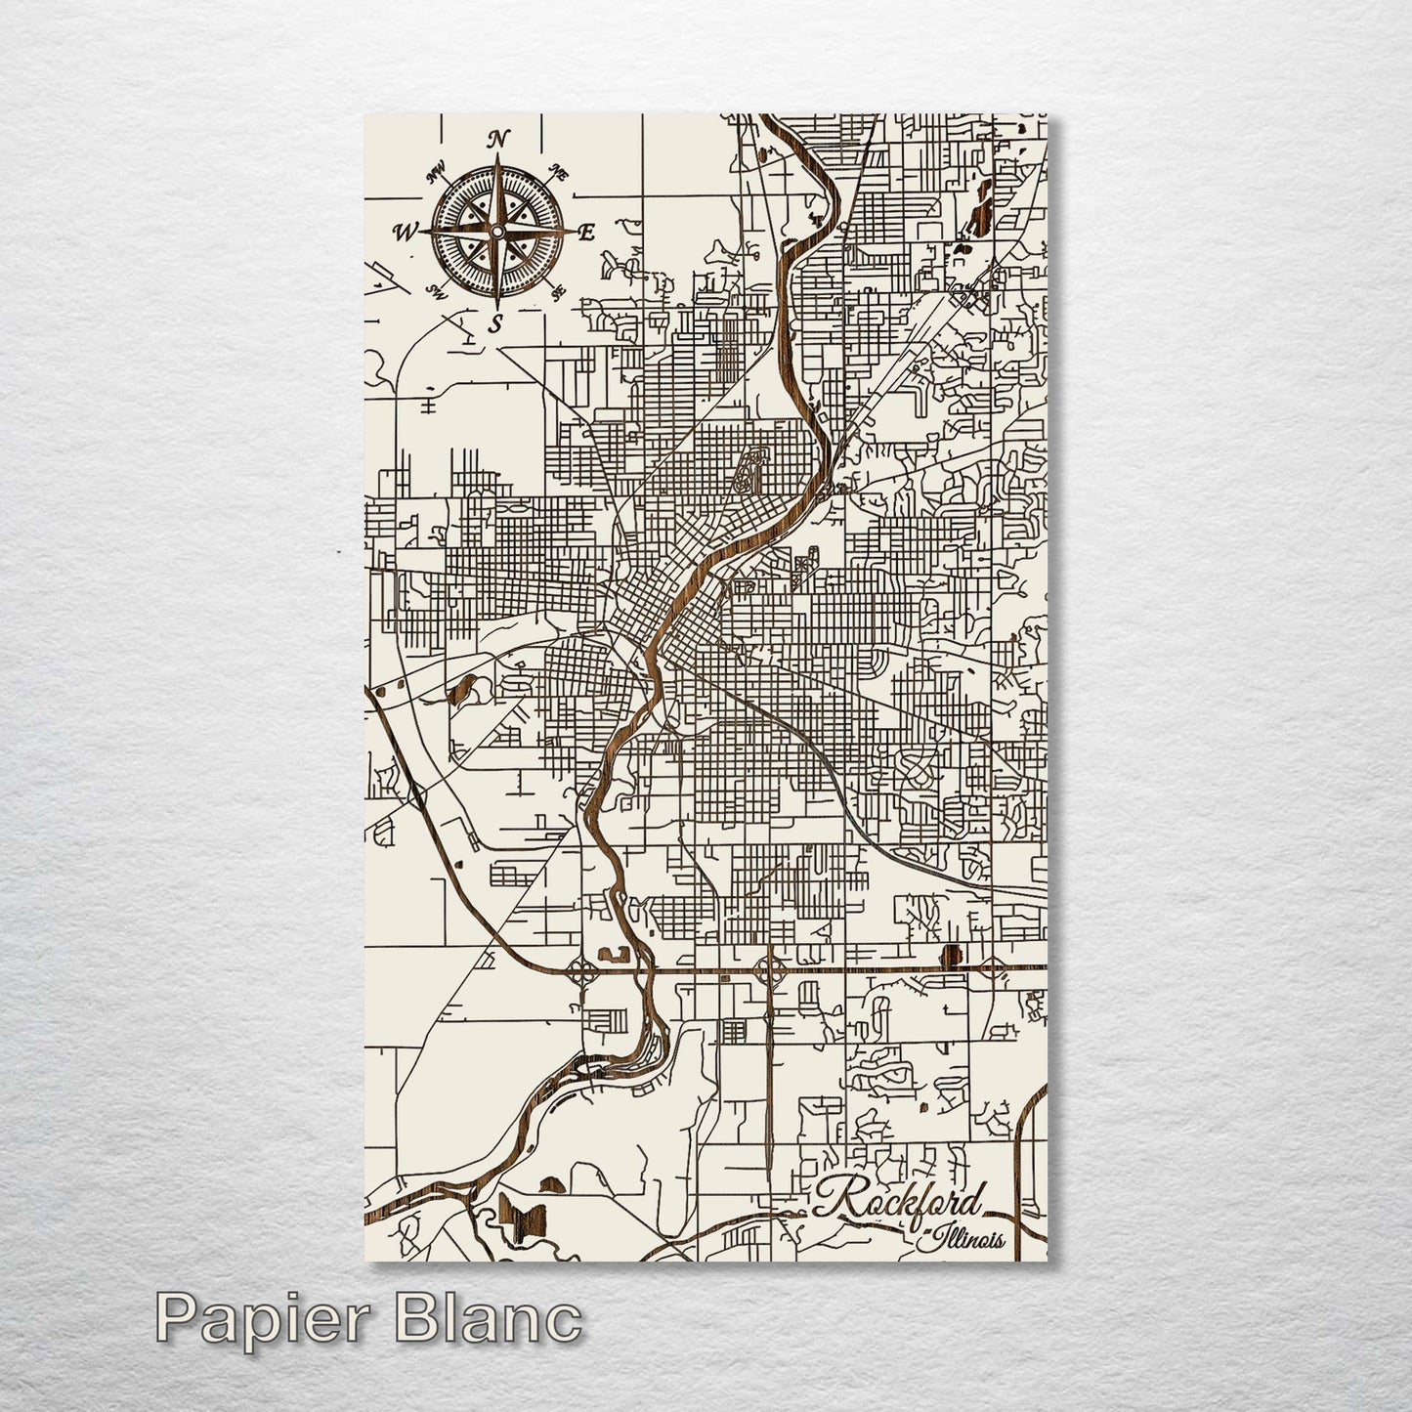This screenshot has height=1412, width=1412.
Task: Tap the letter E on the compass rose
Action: (x=586, y=233)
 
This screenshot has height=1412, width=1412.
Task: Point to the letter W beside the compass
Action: (x=405, y=232)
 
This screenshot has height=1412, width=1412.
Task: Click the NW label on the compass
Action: (x=436, y=177)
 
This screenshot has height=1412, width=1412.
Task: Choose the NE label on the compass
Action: (x=559, y=175)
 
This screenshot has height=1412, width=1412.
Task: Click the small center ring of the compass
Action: (x=496, y=232)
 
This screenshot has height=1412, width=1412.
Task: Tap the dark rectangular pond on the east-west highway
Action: (x=946, y=955)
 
